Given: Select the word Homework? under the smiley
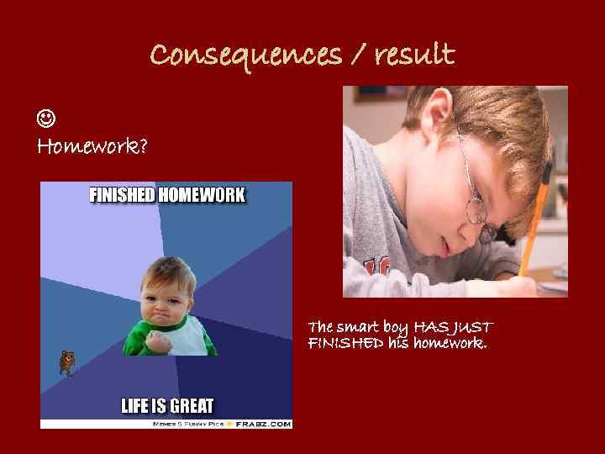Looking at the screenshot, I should click(x=92, y=148).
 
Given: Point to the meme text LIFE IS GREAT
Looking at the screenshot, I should click(x=167, y=406).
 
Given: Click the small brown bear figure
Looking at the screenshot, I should click(x=66, y=362).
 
